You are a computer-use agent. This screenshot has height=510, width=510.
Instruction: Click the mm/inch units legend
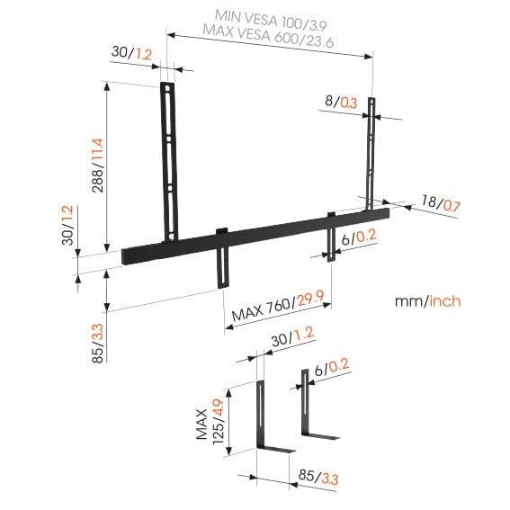coord(427,300)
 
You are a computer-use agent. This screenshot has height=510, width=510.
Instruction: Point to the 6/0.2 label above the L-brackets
coord(331,367)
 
